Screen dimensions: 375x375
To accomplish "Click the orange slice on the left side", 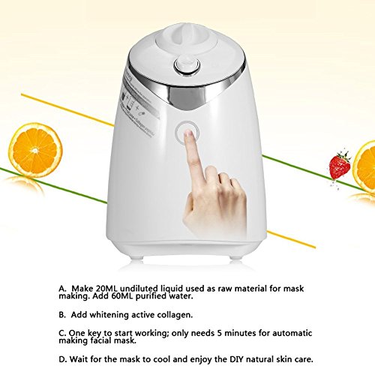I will point(35,148).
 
